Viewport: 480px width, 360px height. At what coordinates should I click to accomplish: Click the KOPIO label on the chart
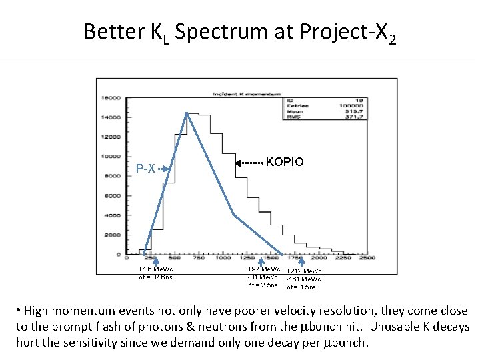coord(285,162)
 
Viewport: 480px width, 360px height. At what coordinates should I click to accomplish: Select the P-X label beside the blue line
coord(146,168)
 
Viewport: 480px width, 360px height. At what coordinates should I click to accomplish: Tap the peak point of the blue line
coord(187,114)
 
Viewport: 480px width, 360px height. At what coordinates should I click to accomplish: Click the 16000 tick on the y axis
coord(110,97)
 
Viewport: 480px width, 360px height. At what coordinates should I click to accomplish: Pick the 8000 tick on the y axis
coord(111,177)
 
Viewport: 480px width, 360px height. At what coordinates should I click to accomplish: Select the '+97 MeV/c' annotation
coord(262,269)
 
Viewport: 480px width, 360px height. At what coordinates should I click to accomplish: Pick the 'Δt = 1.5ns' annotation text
coord(301,287)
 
